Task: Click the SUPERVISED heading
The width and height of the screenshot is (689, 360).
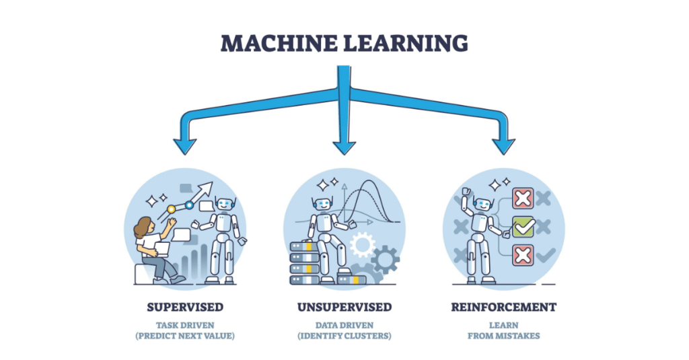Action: point(185,308)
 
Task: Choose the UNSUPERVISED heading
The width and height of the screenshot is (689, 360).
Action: point(344,308)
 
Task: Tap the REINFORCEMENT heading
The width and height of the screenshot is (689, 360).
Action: point(504,308)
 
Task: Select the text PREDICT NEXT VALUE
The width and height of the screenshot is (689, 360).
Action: point(185,336)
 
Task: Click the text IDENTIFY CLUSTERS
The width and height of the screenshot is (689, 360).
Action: point(344,336)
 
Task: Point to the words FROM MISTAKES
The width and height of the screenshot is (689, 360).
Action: point(504,336)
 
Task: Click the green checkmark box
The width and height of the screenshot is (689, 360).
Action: point(523,227)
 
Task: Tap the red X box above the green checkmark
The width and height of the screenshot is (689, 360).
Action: point(523,199)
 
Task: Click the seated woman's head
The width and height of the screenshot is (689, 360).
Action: point(143,227)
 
